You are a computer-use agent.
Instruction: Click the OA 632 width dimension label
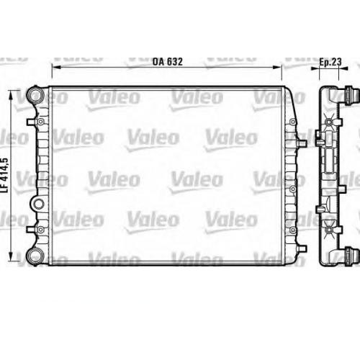tap(166, 62)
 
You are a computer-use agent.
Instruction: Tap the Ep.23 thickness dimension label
tap(330, 62)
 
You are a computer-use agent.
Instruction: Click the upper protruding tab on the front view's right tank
tap(302, 142)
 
